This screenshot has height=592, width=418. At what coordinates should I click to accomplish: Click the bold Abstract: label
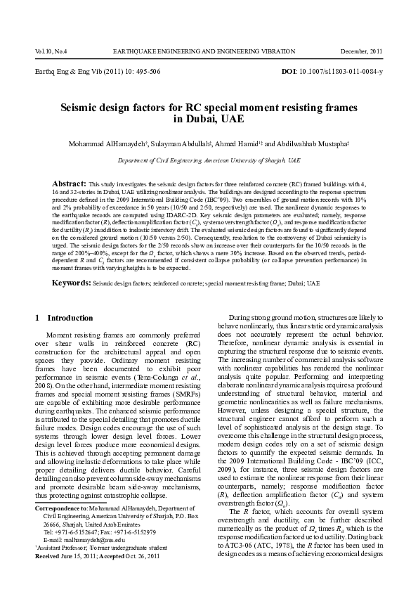click(x=70, y=182)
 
